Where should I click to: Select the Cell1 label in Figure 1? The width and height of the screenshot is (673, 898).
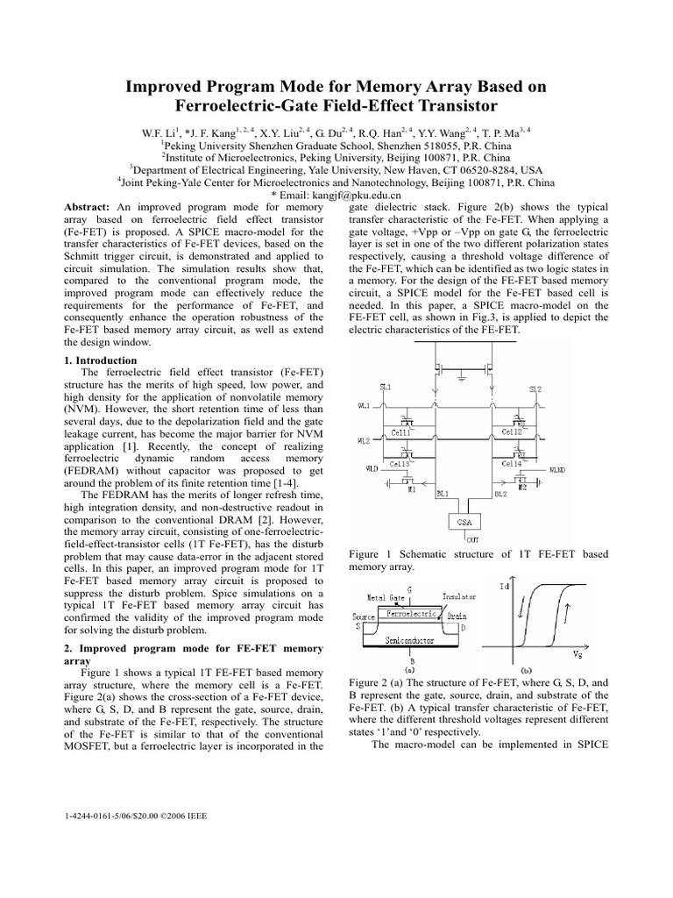pos(399,432)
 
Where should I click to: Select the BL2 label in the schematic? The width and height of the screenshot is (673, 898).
pos(500,495)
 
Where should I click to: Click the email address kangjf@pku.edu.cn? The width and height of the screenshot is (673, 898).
pos(336,195)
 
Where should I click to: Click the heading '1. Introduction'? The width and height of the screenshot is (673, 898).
pos(101,360)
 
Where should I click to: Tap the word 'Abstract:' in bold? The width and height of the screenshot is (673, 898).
pos(90,206)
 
